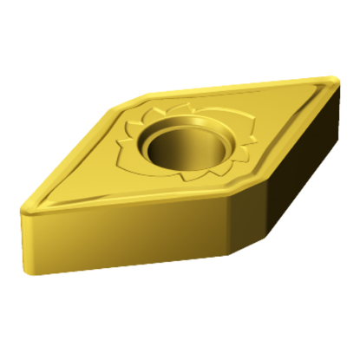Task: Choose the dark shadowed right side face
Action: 291,173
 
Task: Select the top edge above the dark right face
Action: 286,139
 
